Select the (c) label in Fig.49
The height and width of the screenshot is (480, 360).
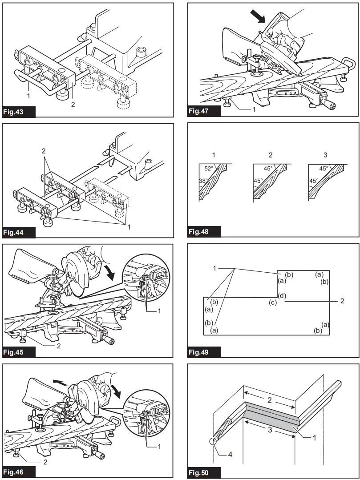(x=273, y=303)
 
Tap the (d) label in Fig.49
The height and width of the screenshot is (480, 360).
(x=282, y=296)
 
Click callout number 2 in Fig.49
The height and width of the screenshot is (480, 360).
(x=341, y=301)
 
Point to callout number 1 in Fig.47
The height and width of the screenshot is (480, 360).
(x=254, y=109)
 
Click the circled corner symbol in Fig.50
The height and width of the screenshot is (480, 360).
(x=213, y=441)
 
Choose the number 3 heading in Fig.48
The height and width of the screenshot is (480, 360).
(x=325, y=155)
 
